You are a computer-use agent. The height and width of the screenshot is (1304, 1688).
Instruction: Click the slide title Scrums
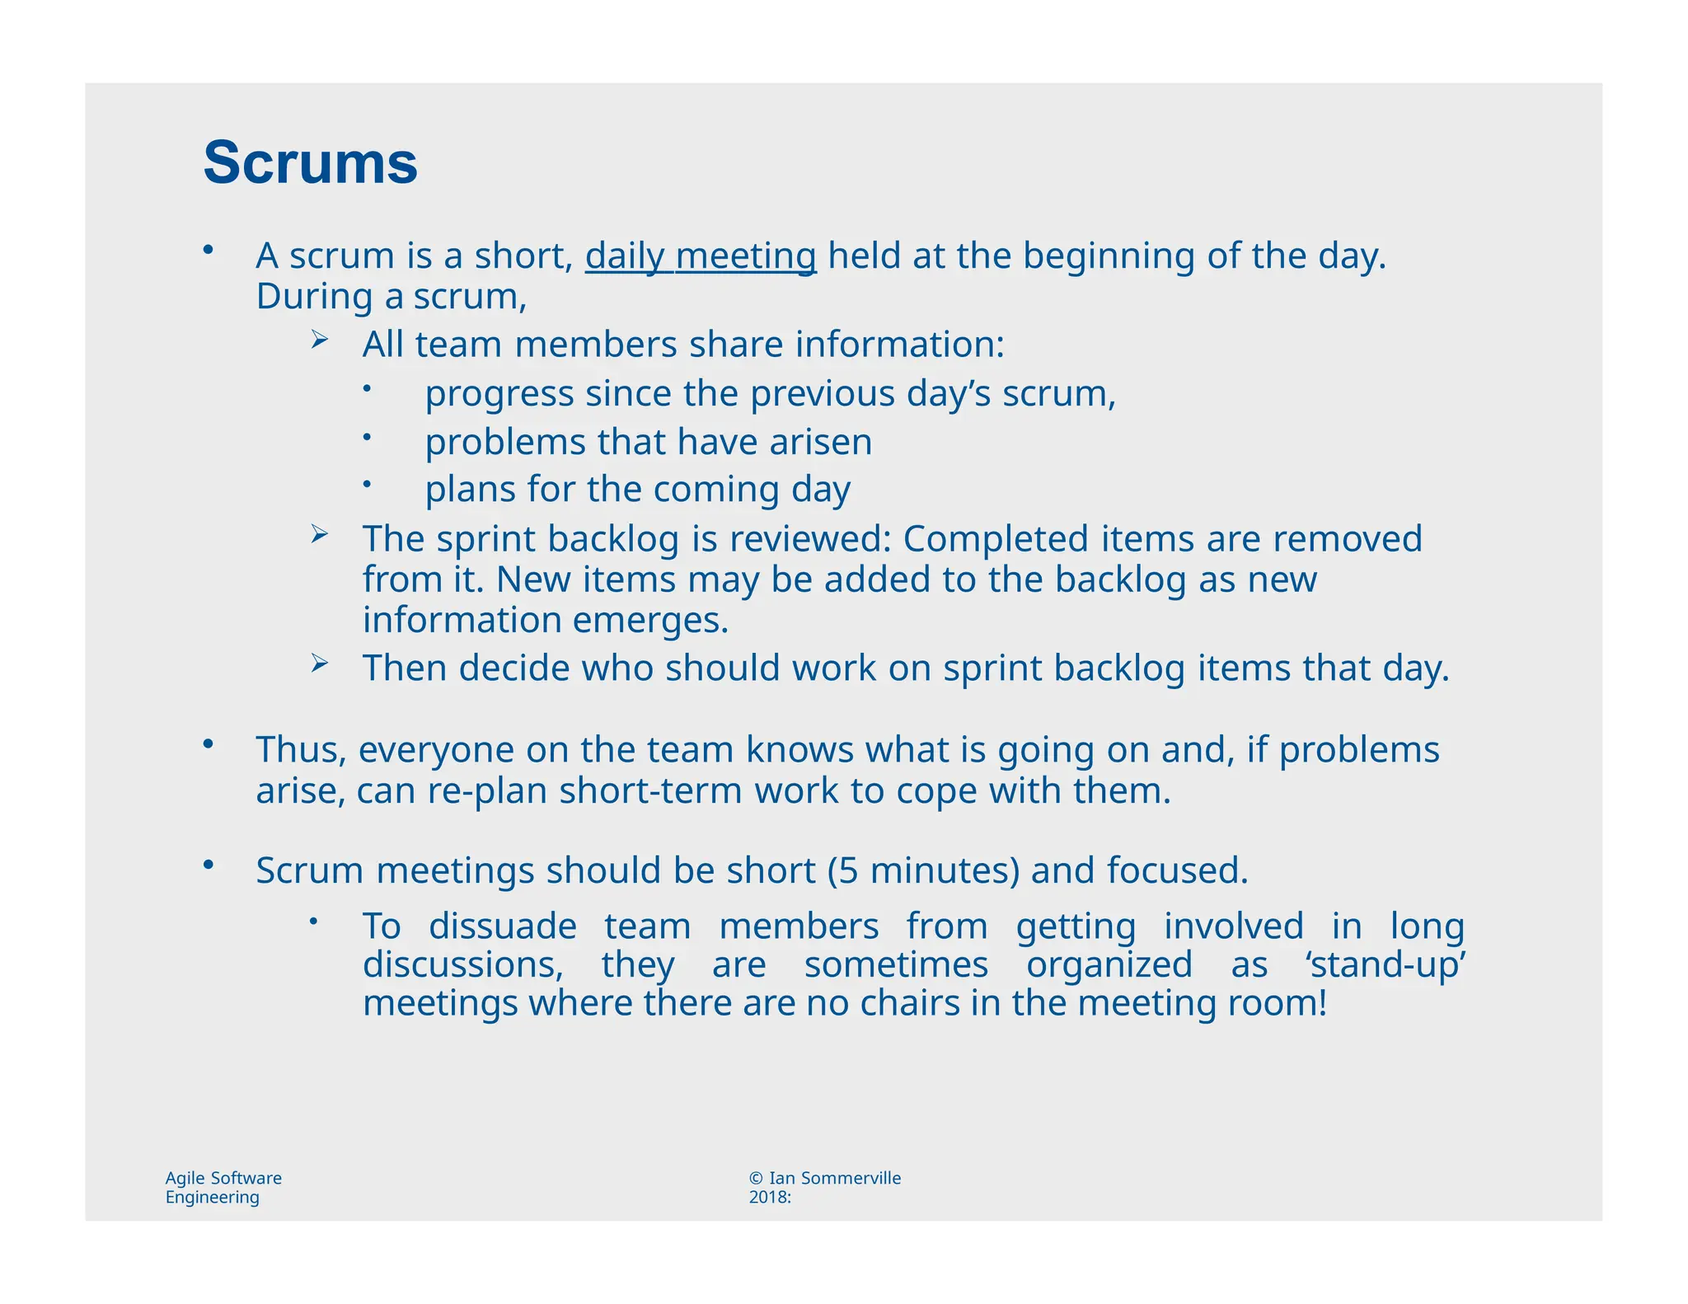(x=310, y=162)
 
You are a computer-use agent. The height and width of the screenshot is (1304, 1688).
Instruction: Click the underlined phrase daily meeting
(x=700, y=256)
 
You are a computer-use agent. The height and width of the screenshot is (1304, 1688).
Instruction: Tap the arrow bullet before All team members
(x=320, y=339)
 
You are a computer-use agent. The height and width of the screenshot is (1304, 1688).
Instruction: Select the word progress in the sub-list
(x=499, y=394)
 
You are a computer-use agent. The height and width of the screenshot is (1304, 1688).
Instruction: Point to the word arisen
(x=820, y=442)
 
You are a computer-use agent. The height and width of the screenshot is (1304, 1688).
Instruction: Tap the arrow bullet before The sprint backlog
(x=320, y=534)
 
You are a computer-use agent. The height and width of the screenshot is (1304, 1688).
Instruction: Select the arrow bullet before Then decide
(x=320, y=663)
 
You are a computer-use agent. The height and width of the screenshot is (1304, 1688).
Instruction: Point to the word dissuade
(x=503, y=926)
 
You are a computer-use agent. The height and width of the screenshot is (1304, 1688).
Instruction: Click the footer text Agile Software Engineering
(x=223, y=1188)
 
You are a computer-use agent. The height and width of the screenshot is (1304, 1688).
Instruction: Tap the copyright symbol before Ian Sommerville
(x=756, y=1179)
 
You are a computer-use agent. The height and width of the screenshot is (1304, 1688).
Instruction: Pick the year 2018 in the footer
(x=767, y=1198)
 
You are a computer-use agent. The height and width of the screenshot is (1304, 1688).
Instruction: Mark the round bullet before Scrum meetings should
(x=209, y=864)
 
